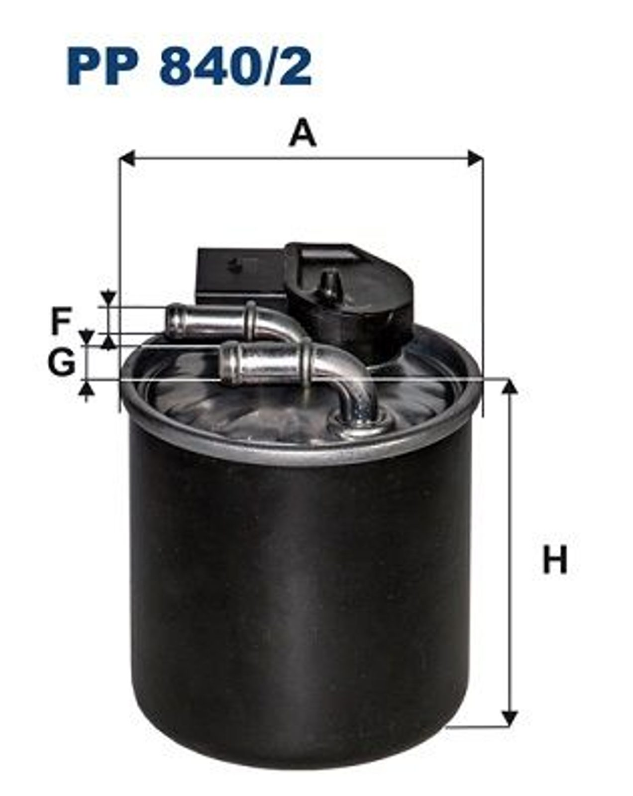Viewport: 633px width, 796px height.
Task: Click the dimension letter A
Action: click(303, 132)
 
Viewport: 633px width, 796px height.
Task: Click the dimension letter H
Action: click(554, 560)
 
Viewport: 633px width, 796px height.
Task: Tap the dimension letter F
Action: click(61, 321)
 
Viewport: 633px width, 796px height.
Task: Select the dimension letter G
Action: click(61, 362)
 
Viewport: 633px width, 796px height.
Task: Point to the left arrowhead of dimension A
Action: click(126, 158)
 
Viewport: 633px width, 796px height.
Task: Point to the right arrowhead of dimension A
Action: click(475, 158)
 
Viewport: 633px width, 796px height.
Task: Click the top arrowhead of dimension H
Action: click(510, 386)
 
